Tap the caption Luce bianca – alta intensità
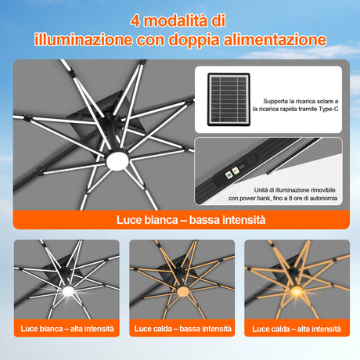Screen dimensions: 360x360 [67, 328]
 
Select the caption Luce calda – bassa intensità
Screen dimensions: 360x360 [181, 328]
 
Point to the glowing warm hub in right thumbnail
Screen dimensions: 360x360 [297, 292]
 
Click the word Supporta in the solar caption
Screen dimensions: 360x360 [280, 101]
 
